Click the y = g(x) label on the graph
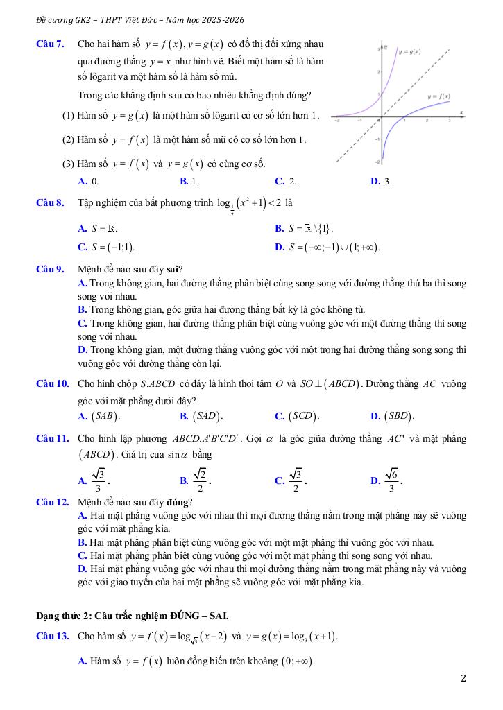(x=414, y=51)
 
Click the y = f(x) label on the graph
(x=438, y=96)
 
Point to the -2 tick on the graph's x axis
(x=338, y=121)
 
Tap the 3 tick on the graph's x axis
(x=449, y=121)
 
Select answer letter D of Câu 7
(x=375, y=182)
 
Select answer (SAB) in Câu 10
(x=105, y=417)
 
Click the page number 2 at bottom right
(x=463, y=678)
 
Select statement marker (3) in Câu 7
(x=68, y=164)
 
